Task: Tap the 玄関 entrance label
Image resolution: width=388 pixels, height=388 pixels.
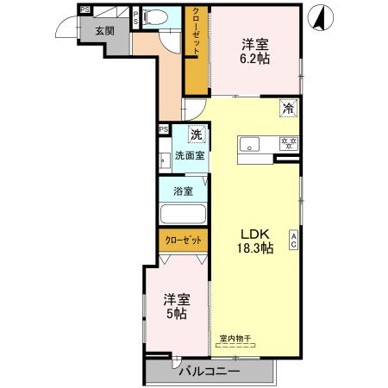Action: (104, 30)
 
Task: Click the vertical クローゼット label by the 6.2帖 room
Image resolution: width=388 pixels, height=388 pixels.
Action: (196, 34)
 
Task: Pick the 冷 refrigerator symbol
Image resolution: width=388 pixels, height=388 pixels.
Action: (289, 109)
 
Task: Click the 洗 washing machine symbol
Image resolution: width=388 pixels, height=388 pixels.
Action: (197, 135)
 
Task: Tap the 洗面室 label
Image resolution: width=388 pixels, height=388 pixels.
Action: (190, 156)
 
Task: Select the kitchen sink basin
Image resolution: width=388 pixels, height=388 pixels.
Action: (252, 144)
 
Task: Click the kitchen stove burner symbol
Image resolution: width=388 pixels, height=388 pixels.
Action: (291, 144)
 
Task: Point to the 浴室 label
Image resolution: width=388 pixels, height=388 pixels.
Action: (182, 191)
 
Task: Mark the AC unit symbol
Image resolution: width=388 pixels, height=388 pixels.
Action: (294, 241)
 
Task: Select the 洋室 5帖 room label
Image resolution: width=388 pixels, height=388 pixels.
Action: (176, 306)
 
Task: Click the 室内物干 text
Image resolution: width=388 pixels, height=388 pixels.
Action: (235, 339)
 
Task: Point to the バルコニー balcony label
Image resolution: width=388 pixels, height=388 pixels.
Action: (210, 372)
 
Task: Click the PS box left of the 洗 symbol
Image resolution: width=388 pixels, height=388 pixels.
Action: (164, 130)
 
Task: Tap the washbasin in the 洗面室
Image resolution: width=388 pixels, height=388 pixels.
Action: (165, 160)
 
